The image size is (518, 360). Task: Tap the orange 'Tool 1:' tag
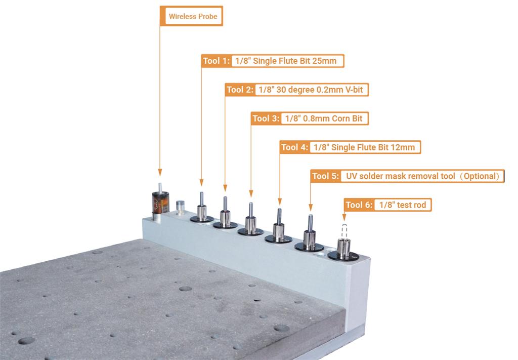(x=216, y=61)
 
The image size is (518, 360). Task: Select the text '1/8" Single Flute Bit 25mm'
(x=286, y=61)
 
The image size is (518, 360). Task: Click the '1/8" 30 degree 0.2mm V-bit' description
(x=311, y=90)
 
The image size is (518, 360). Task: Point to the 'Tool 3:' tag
(x=266, y=118)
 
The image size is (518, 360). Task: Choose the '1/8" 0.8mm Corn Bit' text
(x=324, y=118)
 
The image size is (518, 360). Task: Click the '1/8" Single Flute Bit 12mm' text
(x=364, y=147)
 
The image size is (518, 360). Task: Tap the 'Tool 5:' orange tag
(x=325, y=176)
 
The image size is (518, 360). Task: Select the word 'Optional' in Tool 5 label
(x=481, y=176)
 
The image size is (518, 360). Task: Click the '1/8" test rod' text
(x=402, y=205)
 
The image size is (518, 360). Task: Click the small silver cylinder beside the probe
(x=180, y=207)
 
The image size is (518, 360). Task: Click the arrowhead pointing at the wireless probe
(x=160, y=172)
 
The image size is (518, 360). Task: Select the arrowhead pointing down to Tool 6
(x=344, y=217)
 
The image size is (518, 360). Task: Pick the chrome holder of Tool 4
(x=279, y=231)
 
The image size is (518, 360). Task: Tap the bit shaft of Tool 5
(x=311, y=223)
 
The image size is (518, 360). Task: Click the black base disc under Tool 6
(x=343, y=256)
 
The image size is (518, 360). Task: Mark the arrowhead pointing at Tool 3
(x=251, y=194)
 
